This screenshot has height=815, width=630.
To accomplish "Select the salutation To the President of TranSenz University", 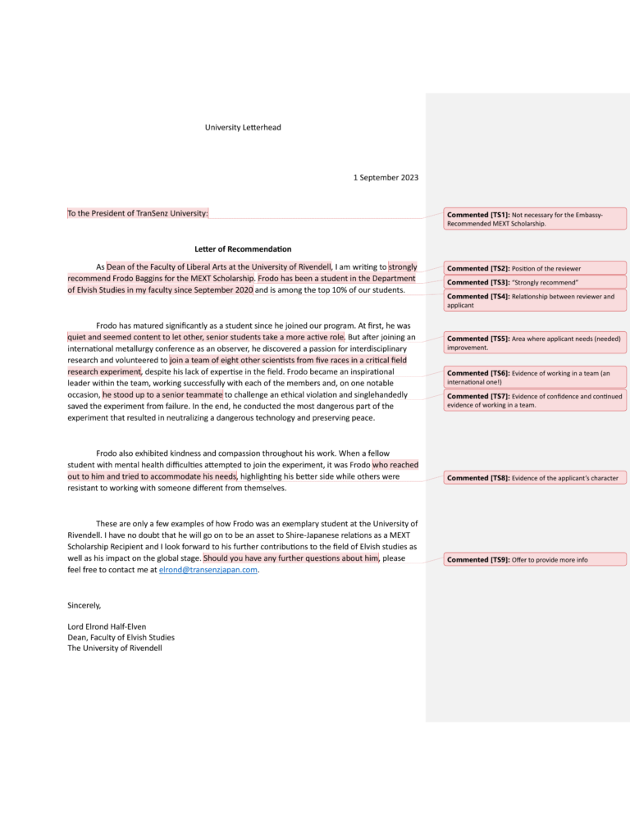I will [x=138, y=213].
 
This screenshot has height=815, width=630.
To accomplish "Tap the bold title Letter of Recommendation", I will [x=243, y=248].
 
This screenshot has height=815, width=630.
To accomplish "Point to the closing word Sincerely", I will [x=84, y=605].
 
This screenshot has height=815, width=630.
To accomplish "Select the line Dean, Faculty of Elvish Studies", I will [x=121, y=637].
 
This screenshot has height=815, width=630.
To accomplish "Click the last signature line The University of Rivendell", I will [x=115, y=648].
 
